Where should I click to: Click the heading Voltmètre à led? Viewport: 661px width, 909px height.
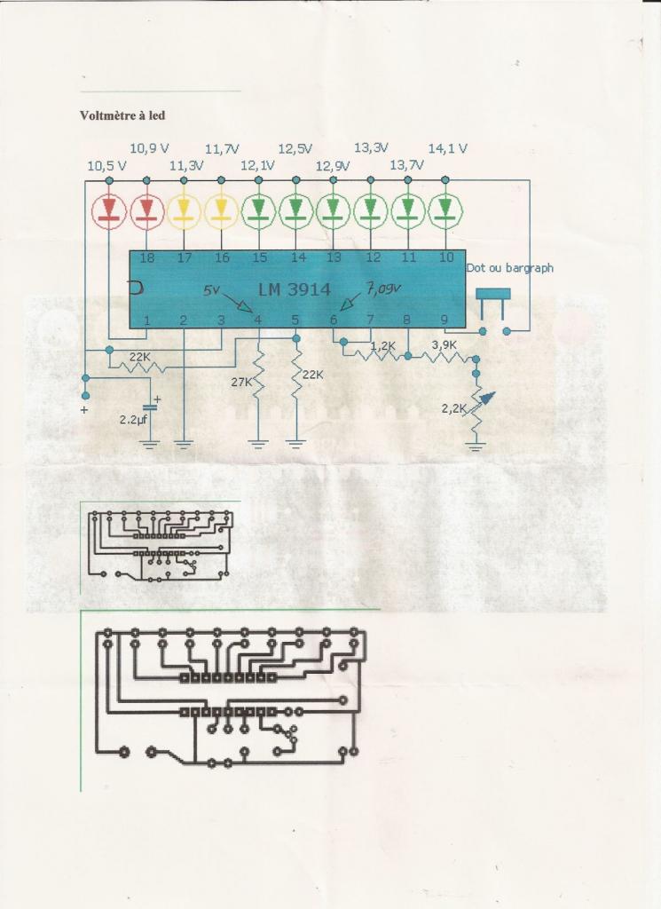122,115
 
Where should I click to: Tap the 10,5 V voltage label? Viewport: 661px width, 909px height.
106,165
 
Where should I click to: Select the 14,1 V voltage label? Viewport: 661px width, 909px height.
447,148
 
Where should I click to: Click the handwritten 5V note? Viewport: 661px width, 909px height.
212,290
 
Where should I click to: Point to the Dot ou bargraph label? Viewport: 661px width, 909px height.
508,267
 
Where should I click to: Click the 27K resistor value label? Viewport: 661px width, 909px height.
240,382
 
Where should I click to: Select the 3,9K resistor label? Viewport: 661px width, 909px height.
444,344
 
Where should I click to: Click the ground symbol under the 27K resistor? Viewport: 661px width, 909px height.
258,441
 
